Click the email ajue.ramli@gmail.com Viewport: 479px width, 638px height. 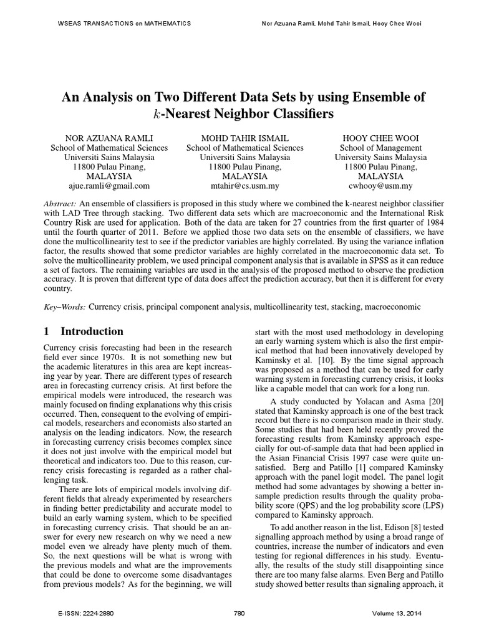coord(109,186)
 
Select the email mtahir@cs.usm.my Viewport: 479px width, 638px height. coord(244,186)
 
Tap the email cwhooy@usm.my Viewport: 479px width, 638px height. coord(380,186)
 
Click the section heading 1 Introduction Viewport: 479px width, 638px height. coord(84,331)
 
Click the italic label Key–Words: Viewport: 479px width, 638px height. coord(65,307)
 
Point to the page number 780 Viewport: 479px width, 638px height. coord(239,614)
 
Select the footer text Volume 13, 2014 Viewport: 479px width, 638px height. coord(395,614)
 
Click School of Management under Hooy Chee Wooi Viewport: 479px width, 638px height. coord(380,148)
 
